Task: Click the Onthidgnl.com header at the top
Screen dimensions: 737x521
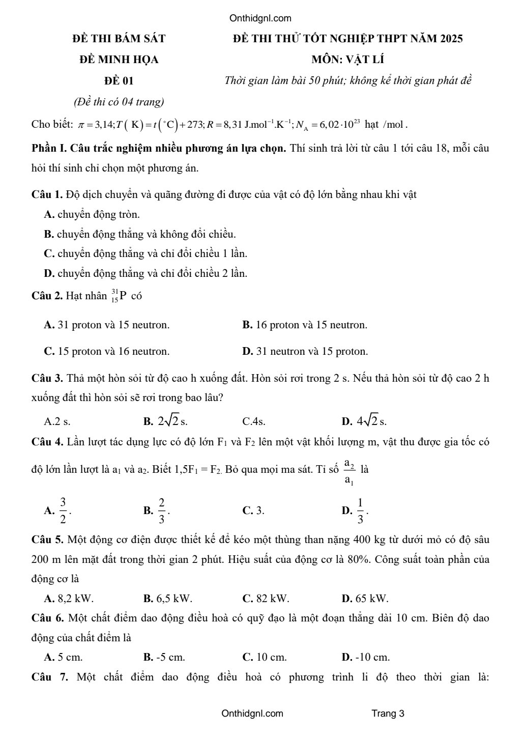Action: [x=260, y=19]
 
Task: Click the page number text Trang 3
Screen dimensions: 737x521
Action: [x=388, y=713]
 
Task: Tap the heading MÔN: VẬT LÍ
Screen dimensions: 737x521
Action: [x=348, y=60]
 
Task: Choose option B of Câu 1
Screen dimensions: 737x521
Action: [x=140, y=234]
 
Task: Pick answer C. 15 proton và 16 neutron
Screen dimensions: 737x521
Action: [x=107, y=351]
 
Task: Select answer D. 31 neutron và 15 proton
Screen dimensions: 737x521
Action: [x=305, y=351]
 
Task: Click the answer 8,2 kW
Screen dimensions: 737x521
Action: [x=69, y=598]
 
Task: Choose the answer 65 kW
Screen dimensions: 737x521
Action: [x=365, y=598]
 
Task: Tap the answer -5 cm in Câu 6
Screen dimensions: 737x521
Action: [x=164, y=657]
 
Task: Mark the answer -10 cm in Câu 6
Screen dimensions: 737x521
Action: [x=366, y=657]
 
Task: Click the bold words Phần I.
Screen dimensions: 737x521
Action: [x=49, y=149]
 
